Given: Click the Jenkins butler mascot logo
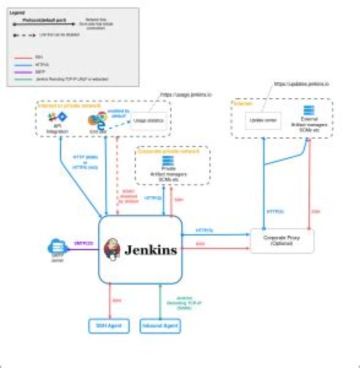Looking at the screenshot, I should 112,249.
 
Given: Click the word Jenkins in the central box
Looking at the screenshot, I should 150,249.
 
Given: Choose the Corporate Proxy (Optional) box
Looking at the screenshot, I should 282,241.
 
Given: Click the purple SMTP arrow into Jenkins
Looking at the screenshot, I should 82,249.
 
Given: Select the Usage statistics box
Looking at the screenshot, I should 148,122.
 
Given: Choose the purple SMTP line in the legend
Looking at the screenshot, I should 21,72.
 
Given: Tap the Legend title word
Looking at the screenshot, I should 18,11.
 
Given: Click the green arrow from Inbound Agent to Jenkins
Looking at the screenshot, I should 159,300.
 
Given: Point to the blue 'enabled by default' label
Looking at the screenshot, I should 121,113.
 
